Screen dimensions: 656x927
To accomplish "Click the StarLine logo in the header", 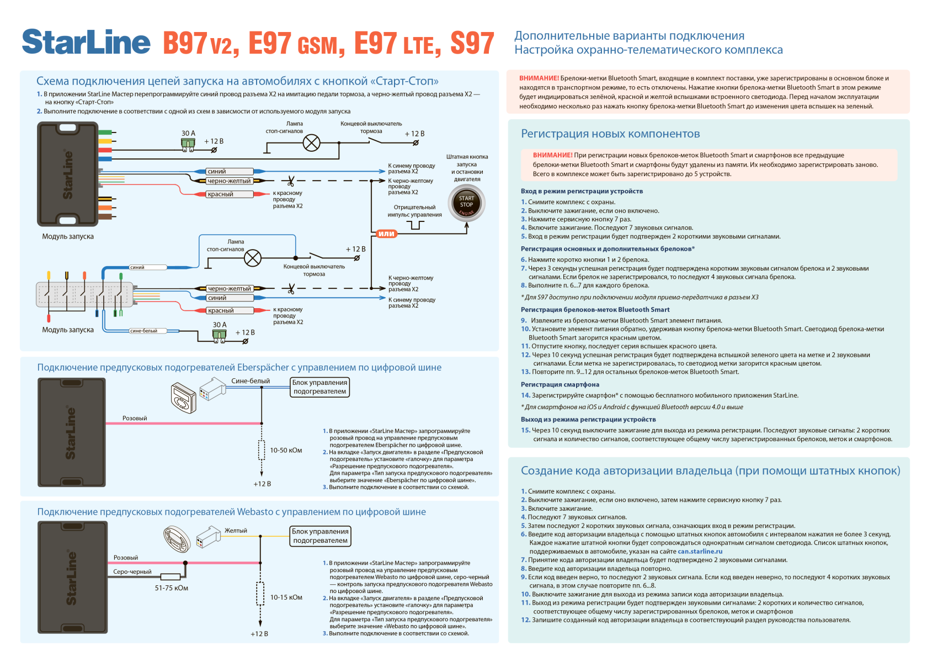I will pyautogui.click(x=86, y=43).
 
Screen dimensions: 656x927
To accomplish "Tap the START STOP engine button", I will pyautogui.click(x=466, y=204).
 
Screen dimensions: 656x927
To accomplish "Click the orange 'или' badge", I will pyautogui.click(x=386, y=234).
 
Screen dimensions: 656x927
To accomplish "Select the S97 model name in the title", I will pyautogui.click(x=472, y=43).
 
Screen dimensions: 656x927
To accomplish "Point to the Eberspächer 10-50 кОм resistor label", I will pyautogui.click(x=286, y=450).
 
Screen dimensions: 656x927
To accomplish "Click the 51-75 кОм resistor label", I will pyautogui.click(x=171, y=588).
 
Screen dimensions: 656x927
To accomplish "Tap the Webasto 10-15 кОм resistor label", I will pyautogui.click(x=286, y=597).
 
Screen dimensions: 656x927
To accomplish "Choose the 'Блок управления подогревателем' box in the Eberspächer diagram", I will pyautogui.click(x=319, y=387).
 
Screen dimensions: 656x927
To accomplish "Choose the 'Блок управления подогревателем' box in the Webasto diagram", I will pyautogui.click(x=320, y=536).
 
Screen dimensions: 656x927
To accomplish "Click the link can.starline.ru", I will pyautogui.click(x=700, y=551).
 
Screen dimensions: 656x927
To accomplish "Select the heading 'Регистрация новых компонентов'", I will pyautogui.click(x=610, y=134).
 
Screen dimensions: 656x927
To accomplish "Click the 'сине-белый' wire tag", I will pyautogui.click(x=143, y=331).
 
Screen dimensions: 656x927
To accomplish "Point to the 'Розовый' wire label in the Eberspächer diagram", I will pyautogui.click(x=135, y=418).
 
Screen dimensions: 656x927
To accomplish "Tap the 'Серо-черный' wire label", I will pyautogui.click(x=132, y=572).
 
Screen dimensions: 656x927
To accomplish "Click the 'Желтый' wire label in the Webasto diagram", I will pyautogui.click(x=236, y=531).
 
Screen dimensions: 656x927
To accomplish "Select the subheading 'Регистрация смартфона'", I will pyautogui.click(x=560, y=384).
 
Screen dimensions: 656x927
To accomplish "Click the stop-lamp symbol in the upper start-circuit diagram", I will pyautogui.click(x=312, y=143).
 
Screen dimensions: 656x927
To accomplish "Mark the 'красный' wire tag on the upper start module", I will pyautogui.click(x=221, y=194).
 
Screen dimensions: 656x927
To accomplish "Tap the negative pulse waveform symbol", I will pyautogui.click(x=415, y=225).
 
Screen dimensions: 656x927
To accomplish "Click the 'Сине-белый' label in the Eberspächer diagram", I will pyautogui.click(x=251, y=381).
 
